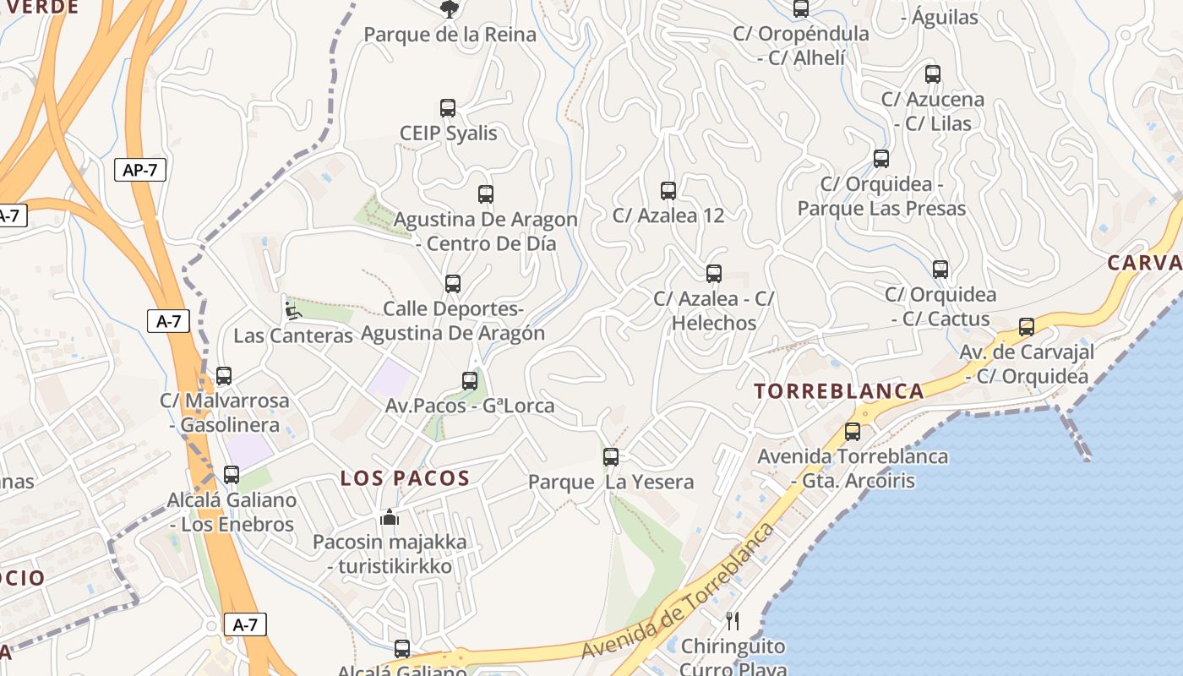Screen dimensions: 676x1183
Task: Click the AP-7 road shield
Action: (140, 170)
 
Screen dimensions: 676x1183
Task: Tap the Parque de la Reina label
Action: (450, 35)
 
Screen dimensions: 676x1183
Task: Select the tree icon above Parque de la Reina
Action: (450, 9)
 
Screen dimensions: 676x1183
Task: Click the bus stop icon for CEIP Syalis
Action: (448, 108)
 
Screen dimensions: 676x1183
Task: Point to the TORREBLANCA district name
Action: (839, 391)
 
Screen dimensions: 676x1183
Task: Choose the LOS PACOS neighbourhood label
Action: (405, 478)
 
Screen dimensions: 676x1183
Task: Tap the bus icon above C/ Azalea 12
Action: (668, 191)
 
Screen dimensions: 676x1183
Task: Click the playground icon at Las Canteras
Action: (292, 310)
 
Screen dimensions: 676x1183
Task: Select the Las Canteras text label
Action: (292, 335)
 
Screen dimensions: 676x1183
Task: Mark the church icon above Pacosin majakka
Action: (390, 517)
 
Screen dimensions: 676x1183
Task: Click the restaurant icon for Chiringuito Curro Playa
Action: (733, 621)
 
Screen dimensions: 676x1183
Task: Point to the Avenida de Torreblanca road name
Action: (679, 591)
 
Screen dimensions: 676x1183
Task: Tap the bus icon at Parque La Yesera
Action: (611, 457)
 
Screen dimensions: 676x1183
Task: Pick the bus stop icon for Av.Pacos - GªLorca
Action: (470, 381)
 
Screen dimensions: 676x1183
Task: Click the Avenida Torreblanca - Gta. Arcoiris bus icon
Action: (853, 432)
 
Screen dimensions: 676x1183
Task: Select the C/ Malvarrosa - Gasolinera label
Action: (225, 412)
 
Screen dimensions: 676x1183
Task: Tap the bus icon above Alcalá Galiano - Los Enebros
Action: (232, 475)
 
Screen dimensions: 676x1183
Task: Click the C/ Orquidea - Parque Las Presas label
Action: (881, 196)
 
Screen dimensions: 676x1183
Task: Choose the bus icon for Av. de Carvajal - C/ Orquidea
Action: (1027, 327)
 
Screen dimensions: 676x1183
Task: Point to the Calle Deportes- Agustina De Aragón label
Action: (453, 321)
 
